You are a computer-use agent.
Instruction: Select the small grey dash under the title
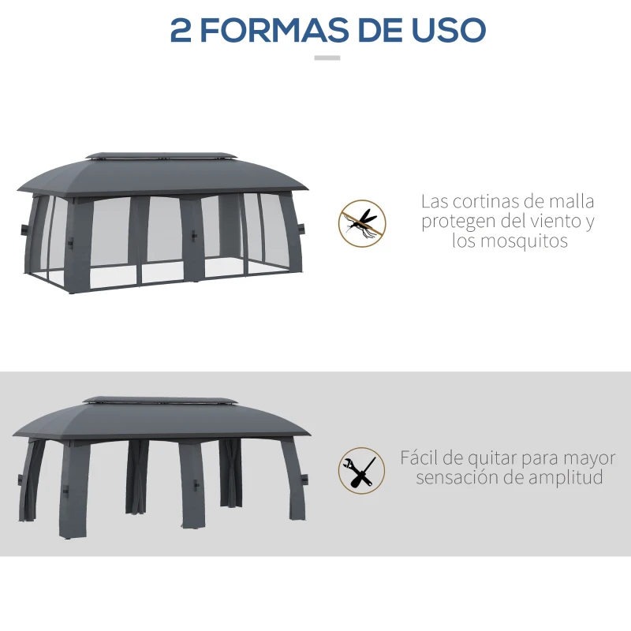pyautogui.click(x=327, y=58)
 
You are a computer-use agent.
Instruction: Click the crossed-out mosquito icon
pyautogui.click(x=362, y=222)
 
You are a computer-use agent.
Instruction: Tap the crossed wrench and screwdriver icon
pyautogui.click(x=362, y=471)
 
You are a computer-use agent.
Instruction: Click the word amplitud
pyautogui.click(x=566, y=478)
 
